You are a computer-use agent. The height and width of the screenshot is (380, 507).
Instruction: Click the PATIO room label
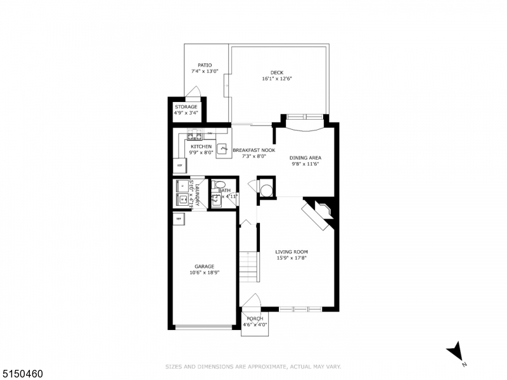[x=204, y=65]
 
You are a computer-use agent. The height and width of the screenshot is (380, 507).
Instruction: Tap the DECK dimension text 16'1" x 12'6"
[x=276, y=79]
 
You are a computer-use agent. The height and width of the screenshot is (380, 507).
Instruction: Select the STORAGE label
[x=186, y=107]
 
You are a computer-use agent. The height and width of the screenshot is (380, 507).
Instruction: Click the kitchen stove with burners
[x=195, y=136]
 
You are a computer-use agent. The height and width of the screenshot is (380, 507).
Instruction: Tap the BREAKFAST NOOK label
[x=253, y=150]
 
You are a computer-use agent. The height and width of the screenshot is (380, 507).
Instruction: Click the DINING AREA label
[x=305, y=158]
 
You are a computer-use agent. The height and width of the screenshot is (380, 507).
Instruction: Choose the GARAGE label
[x=204, y=266]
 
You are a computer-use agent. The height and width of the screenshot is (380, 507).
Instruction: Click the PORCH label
[x=255, y=319]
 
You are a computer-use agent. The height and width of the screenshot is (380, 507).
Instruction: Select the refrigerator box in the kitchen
[x=179, y=165]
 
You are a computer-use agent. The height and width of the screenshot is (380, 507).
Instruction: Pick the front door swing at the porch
[x=252, y=300]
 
